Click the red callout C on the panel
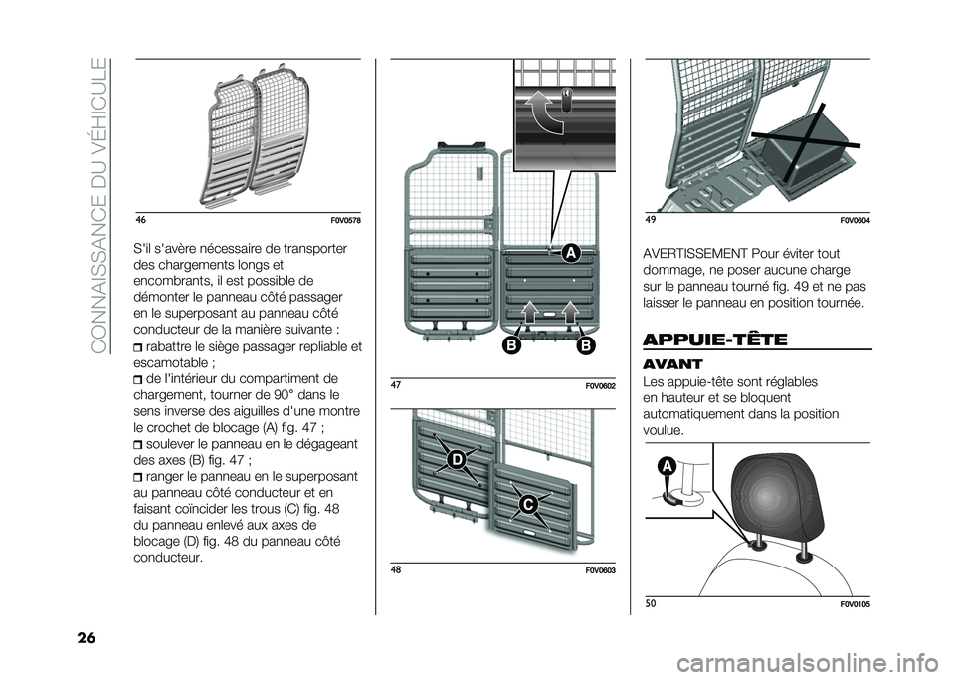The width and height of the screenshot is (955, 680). coord(527,506)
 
